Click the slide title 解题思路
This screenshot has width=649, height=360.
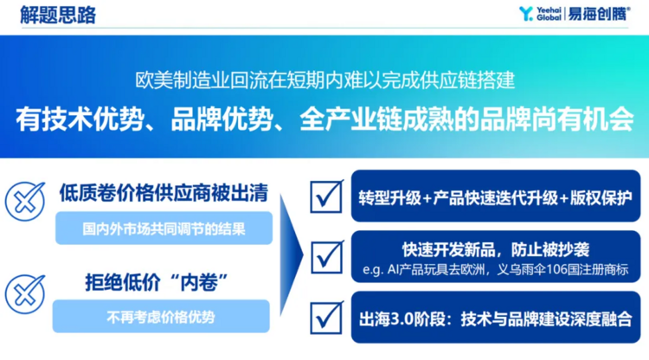[58, 15]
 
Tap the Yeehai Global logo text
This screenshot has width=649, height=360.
[549, 14]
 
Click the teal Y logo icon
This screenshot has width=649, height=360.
[525, 14]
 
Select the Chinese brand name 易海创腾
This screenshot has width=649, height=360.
[599, 14]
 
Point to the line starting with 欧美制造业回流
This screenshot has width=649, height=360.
[324, 80]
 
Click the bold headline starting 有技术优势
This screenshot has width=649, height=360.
[324, 119]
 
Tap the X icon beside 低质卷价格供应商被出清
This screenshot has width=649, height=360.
[25, 202]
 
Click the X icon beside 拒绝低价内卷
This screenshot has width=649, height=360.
[25, 294]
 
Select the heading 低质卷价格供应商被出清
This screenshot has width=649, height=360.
[164, 193]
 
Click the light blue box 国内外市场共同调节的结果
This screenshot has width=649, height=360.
[164, 228]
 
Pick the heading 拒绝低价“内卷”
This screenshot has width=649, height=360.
[157, 283]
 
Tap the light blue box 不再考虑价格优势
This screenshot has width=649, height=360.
[161, 317]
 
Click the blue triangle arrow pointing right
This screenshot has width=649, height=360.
[292, 255]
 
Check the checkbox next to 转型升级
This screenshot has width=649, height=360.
[327, 196]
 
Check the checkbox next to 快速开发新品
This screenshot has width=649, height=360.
[327, 257]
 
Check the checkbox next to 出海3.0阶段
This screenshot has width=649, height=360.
[327, 318]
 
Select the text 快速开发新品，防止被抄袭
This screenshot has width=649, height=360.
[496, 249]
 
